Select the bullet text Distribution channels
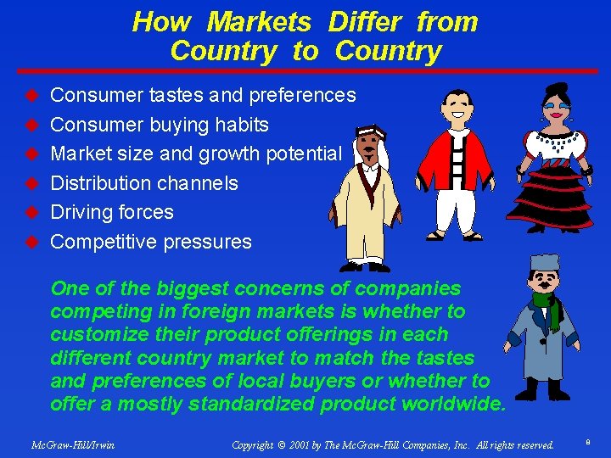(x=144, y=183)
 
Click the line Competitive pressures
(x=151, y=242)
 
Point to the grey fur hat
(x=544, y=264)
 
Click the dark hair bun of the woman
(x=557, y=91)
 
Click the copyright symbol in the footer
(x=282, y=444)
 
